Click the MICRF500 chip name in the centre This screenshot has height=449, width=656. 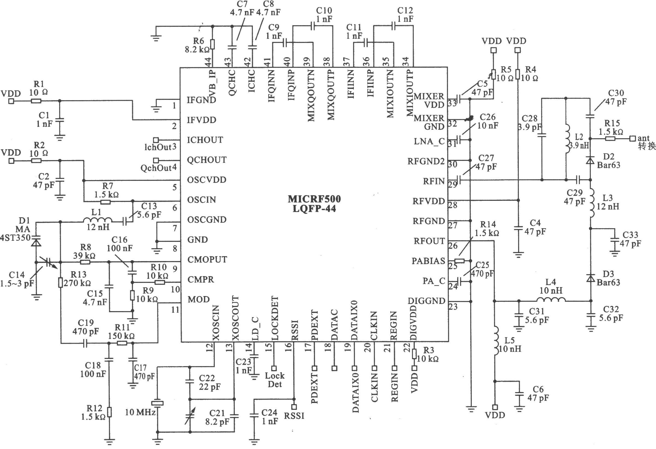314,199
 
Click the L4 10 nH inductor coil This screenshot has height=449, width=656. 551,300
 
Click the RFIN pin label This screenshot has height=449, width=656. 434,181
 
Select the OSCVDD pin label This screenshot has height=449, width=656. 207,180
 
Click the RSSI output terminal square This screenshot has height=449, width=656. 294,407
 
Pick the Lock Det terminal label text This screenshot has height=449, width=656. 275,380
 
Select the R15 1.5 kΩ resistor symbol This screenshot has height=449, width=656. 610,138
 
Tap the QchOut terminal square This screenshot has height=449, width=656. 155,160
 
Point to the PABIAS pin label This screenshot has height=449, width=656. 428,261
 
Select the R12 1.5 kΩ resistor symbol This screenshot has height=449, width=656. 109,412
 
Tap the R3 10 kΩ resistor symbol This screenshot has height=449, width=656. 414,354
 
